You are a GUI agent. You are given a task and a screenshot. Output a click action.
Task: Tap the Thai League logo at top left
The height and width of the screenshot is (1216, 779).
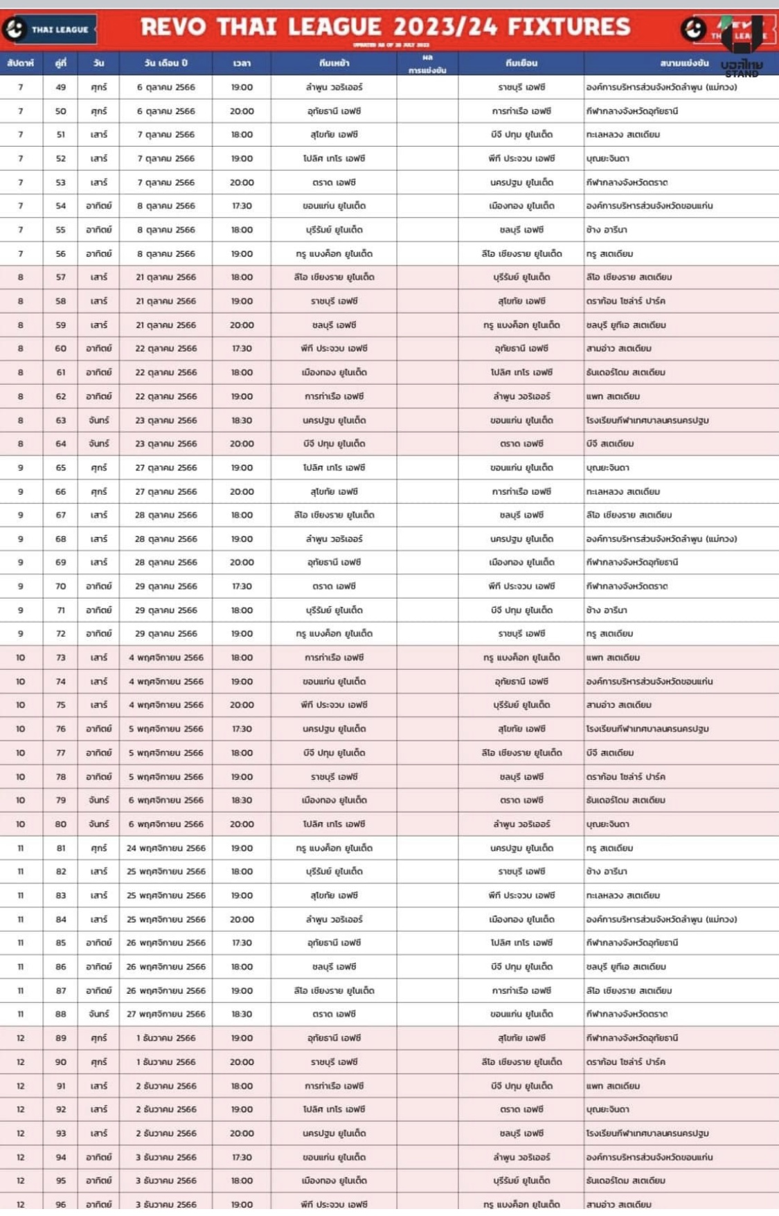click(48, 29)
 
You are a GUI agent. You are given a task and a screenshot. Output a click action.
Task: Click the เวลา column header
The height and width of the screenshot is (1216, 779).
click(242, 63)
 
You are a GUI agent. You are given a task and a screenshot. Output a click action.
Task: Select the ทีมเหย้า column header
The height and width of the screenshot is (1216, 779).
click(334, 63)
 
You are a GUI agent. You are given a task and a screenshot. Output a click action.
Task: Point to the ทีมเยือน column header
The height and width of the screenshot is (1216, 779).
click(521, 63)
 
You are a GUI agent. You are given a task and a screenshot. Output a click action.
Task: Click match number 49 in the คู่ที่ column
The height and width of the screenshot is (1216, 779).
click(61, 87)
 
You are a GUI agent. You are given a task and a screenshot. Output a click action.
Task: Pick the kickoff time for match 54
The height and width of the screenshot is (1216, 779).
click(242, 206)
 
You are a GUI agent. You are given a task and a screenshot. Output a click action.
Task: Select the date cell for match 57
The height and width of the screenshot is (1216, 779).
click(166, 277)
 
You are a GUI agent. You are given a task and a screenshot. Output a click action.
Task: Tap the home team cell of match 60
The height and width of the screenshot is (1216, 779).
click(334, 348)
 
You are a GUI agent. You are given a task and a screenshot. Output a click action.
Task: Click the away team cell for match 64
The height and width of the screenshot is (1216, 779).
click(521, 444)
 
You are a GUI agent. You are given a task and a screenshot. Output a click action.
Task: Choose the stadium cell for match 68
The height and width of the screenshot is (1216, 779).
click(661, 538)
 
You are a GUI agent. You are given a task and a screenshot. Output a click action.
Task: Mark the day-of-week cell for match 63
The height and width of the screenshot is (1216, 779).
click(98, 420)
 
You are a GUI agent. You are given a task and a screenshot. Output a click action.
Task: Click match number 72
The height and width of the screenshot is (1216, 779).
click(61, 633)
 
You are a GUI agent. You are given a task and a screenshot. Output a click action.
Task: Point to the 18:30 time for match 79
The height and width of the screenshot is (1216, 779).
click(242, 800)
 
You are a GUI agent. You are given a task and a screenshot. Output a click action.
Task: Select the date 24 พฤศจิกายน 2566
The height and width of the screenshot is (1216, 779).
click(166, 848)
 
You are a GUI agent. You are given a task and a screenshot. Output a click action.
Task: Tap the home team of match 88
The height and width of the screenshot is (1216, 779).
click(334, 1014)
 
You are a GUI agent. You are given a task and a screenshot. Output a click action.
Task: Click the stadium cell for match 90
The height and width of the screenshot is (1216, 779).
click(625, 1062)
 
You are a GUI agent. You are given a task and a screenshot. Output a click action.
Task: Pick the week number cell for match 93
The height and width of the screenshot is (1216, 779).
click(21, 1133)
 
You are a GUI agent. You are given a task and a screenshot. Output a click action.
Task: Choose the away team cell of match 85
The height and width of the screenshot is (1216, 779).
click(521, 943)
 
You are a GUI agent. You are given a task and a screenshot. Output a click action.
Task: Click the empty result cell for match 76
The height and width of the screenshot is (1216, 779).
click(427, 729)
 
